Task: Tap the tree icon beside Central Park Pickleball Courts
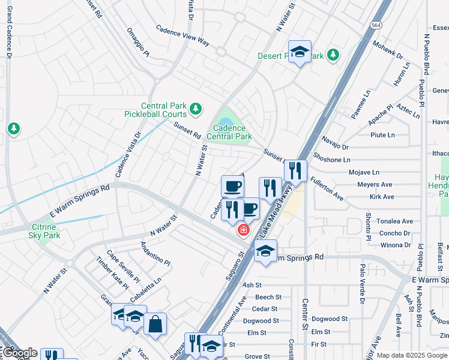[x=195, y=109]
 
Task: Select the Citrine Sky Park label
[x=43, y=231]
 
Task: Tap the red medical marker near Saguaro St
[x=244, y=230]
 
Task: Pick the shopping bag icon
[x=155, y=324]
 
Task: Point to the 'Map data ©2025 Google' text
[x=412, y=355]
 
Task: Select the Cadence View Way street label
[x=182, y=36]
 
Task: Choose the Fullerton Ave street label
[x=327, y=188]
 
